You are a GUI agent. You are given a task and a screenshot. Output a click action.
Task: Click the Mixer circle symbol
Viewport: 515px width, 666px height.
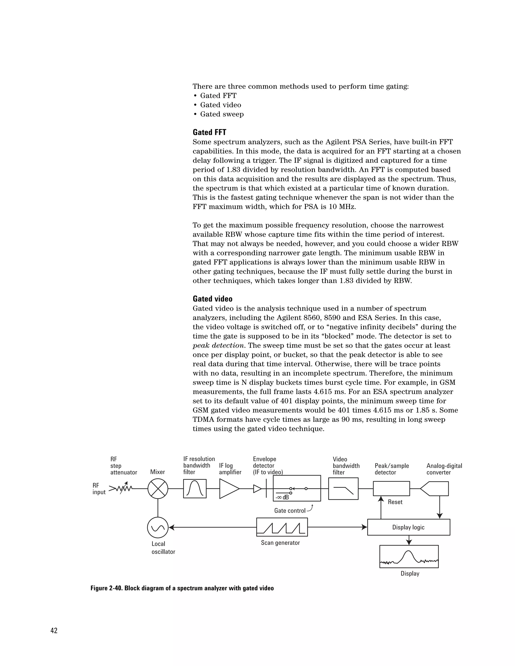click(158, 489)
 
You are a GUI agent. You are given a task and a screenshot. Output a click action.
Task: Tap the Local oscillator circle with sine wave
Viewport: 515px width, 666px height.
click(158, 527)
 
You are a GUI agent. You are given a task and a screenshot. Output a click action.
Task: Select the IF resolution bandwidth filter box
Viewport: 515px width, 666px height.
click(195, 489)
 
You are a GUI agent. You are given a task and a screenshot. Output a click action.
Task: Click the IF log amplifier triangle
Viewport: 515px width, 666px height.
click(228, 489)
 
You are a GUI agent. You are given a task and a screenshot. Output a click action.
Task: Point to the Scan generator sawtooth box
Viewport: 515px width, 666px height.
click(282, 527)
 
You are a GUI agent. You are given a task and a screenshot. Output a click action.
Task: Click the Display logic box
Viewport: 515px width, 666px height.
click(409, 527)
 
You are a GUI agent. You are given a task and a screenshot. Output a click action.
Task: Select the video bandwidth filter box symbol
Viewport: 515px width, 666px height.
click(343, 489)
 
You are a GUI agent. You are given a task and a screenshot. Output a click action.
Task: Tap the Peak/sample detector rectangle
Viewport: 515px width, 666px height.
click(392, 489)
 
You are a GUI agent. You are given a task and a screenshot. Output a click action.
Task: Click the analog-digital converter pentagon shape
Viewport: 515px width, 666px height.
click(435, 489)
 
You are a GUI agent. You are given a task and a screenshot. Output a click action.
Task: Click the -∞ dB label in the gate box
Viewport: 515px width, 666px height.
click(282, 497)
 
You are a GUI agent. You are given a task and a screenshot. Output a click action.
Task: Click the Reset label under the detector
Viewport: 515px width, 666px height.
click(395, 502)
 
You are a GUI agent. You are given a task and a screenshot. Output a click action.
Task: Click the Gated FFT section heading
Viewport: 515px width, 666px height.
click(209, 132)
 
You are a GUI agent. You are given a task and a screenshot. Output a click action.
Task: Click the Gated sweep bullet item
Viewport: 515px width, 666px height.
click(222, 114)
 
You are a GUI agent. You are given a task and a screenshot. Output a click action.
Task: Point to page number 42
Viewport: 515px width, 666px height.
click(54, 631)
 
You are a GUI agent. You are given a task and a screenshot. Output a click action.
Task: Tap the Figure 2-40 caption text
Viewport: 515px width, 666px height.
click(182, 588)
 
